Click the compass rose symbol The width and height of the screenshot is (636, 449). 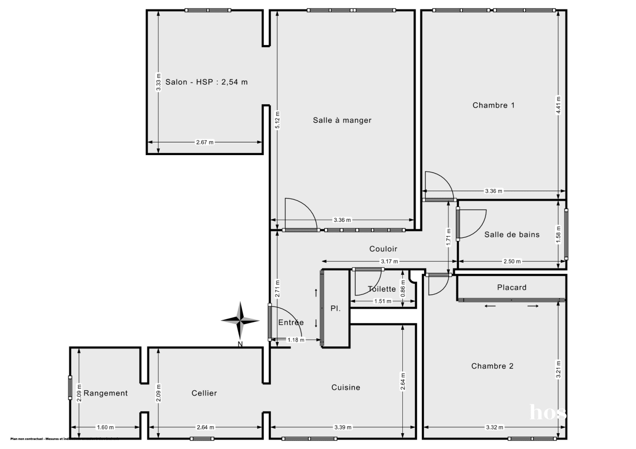240,320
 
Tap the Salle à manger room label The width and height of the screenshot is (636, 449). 342,120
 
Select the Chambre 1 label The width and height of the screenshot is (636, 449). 493,105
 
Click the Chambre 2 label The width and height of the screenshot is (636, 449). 492,366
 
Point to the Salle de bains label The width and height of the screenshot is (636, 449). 512,234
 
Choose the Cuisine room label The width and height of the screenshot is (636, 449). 346,387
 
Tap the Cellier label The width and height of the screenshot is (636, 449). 204,393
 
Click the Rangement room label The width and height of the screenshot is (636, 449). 105,393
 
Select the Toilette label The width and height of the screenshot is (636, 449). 382,289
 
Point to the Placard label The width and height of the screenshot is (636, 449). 511,288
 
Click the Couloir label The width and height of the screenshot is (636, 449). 383,249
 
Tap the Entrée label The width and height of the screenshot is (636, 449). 291,322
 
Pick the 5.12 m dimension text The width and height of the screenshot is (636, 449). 277,120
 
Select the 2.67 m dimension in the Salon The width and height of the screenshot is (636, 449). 205,142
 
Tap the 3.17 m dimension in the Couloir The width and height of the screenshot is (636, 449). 390,261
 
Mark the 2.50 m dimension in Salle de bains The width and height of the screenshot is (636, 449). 512,261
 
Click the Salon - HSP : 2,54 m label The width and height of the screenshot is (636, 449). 207,82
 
